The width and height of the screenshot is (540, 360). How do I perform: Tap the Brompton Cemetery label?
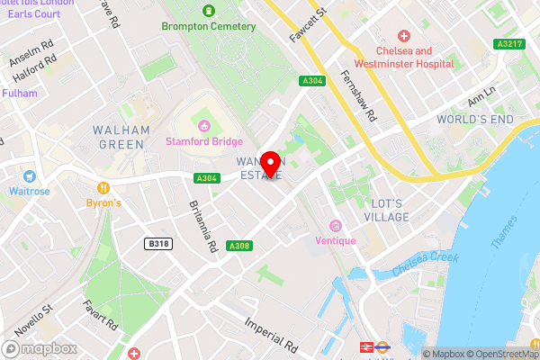tap(209, 26)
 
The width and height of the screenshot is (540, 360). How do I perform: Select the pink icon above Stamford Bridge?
tap(203, 125)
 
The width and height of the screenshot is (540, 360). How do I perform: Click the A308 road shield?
tap(238, 247)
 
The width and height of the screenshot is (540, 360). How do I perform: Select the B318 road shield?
tap(158, 243)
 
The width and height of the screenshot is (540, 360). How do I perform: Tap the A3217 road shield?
tap(508, 42)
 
